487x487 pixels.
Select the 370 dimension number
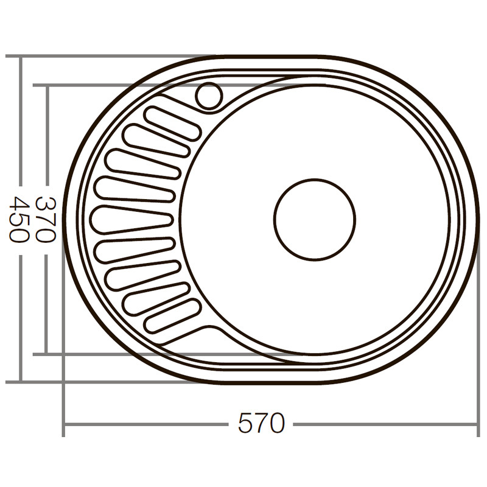[x=46, y=220]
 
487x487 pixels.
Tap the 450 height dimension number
[x=19, y=220]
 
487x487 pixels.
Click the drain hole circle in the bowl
[x=314, y=219]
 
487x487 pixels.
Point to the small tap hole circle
[x=209, y=96]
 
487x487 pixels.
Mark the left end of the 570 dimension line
[x=64, y=424]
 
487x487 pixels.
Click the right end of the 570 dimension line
[x=478, y=424]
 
